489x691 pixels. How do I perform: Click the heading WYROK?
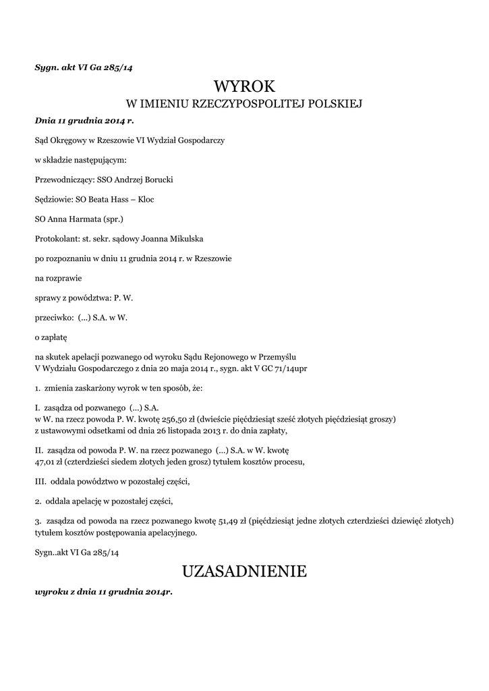point(244,86)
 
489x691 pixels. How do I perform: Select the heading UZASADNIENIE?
point(244,572)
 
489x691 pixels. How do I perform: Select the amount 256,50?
point(186,419)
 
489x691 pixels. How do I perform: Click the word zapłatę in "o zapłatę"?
point(54,335)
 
